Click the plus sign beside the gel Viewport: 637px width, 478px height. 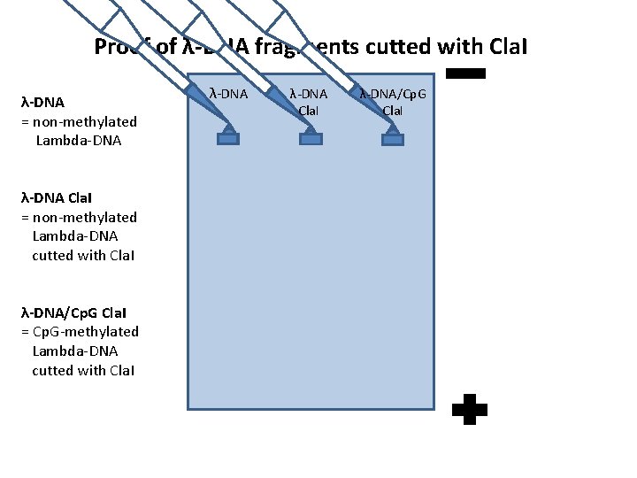[469, 410]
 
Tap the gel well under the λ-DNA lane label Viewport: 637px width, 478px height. [227, 136]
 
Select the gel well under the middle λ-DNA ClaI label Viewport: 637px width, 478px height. [311, 136]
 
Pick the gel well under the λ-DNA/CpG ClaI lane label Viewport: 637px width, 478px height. [394, 136]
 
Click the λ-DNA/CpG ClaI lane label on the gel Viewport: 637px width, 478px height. [393, 101]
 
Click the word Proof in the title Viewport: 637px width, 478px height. [122, 47]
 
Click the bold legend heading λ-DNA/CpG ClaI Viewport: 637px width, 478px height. [79, 312]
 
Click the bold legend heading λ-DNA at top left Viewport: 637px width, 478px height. [42, 103]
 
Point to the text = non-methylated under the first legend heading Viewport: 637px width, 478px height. [78, 121]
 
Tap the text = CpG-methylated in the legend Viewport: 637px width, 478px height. [80, 331]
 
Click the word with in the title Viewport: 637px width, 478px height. [451, 47]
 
